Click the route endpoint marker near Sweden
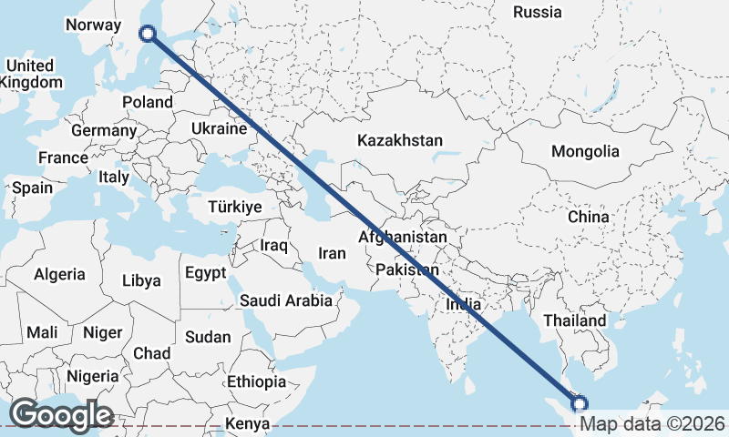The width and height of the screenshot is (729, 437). point(149,35)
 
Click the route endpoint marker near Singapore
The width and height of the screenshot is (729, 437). point(579,402)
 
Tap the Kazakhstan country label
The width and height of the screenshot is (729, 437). point(400,141)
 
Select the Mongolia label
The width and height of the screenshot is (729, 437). point(585,152)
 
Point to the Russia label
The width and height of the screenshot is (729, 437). point(537,13)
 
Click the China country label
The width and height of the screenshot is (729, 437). point(588,217)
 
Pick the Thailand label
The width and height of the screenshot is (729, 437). point(575,320)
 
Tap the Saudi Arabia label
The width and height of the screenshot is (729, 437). point(286,300)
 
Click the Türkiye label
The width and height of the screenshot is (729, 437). point(234,208)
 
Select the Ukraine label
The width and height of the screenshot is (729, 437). point(219,129)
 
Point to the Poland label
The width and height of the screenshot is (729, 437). point(148,102)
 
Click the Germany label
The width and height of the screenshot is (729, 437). point(103,131)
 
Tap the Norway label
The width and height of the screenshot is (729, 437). point(94,25)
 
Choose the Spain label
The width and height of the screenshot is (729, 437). point(32,188)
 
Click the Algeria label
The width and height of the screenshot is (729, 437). point(59,274)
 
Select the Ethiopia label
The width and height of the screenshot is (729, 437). point(256,381)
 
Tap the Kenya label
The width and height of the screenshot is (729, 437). point(248,424)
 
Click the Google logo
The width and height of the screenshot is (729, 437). point(61,415)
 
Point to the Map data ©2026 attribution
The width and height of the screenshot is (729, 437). point(652,423)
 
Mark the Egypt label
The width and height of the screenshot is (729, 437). point(205,273)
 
